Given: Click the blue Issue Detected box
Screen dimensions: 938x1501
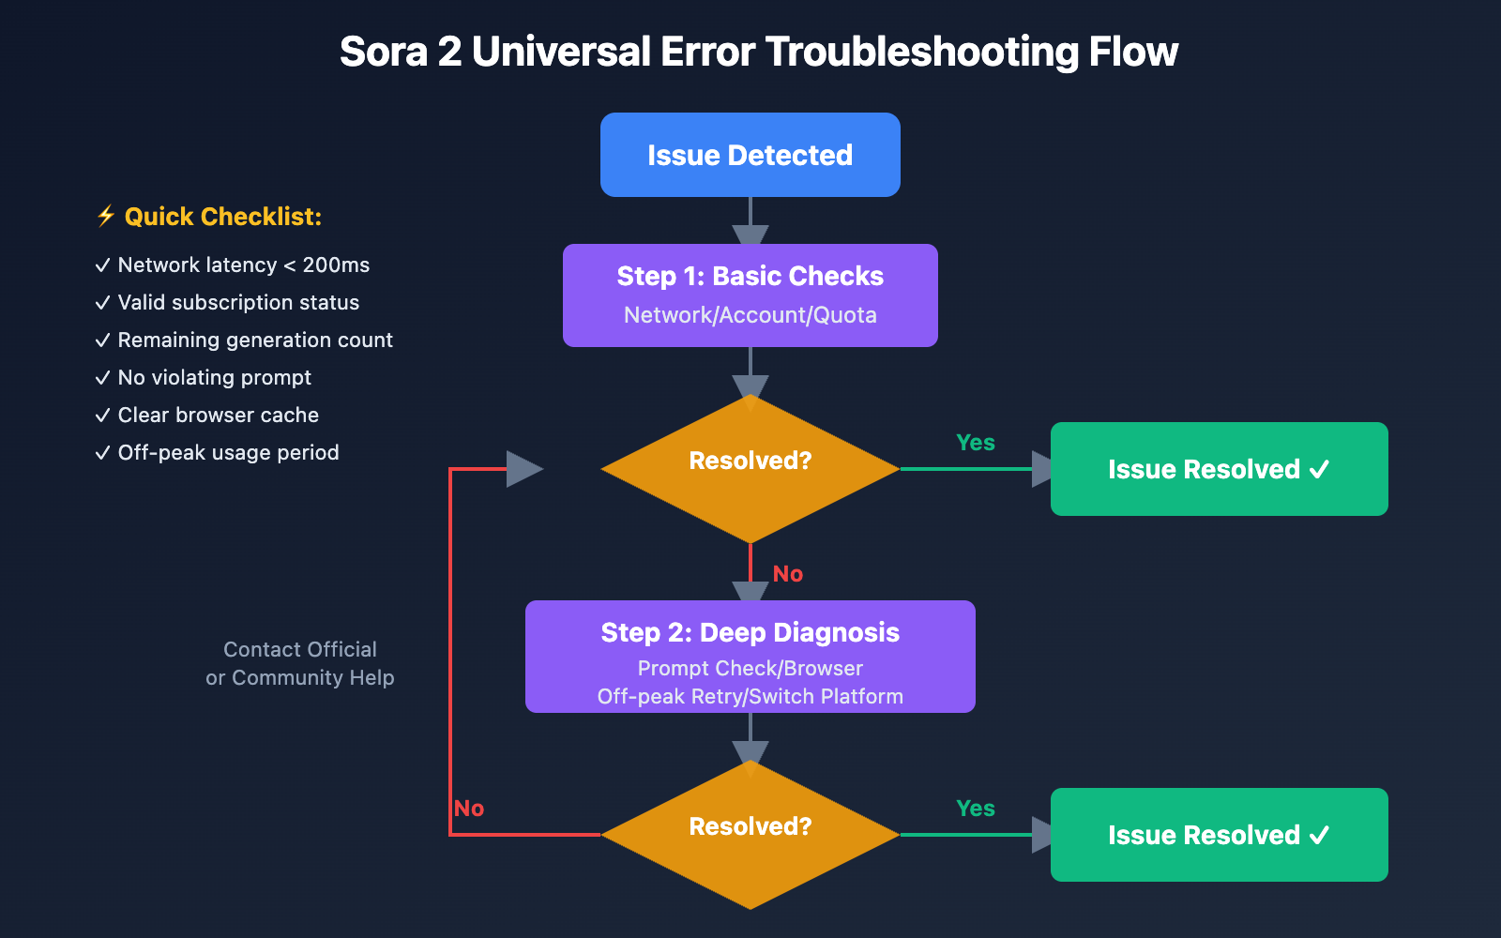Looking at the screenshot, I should tap(750, 155).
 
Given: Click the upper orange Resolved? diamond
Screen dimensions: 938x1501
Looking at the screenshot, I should tap(750, 469).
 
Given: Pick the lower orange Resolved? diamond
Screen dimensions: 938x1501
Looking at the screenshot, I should tap(750, 834).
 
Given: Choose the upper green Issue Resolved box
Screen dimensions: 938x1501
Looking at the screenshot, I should tap(1219, 469).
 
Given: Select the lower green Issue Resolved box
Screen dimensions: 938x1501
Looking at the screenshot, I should tap(1219, 835).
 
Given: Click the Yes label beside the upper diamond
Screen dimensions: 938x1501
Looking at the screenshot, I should tap(976, 443).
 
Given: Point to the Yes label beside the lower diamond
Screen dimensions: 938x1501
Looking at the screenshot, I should tap(976, 809).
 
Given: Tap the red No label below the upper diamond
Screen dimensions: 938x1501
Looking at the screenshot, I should tap(788, 574).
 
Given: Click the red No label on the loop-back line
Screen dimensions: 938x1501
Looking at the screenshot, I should tap(469, 809).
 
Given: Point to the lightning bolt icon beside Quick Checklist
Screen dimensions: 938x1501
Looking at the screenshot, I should tap(106, 217).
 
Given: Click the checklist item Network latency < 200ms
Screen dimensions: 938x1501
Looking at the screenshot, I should tap(243, 265).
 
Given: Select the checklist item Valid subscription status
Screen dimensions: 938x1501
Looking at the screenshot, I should tap(238, 303).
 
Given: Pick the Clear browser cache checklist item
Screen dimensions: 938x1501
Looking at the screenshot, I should tap(218, 416).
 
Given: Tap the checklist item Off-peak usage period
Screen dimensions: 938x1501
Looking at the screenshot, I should tap(228, 453).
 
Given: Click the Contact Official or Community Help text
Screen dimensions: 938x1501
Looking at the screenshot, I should tap(300, 663).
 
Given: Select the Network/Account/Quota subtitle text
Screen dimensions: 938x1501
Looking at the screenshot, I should tap(750, 315).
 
